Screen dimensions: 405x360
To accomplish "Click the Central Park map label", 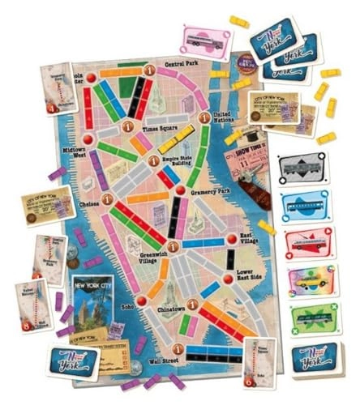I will (183, 62).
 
